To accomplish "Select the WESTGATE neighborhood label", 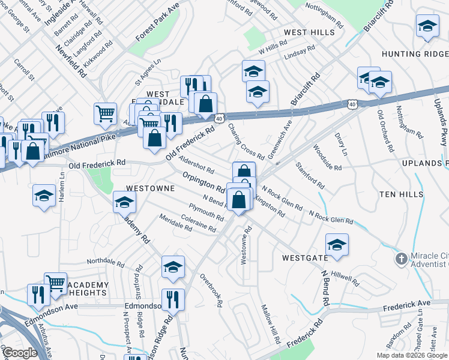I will coord(305,258).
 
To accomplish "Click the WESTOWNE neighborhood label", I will coord(150,188).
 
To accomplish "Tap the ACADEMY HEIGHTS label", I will coord(88,289).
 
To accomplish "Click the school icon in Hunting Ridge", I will coord(427,27).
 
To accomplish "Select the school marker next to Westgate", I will coord(337,245).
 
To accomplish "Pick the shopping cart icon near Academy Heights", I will coord(55,283).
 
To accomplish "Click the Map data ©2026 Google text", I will coord(411,355).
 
